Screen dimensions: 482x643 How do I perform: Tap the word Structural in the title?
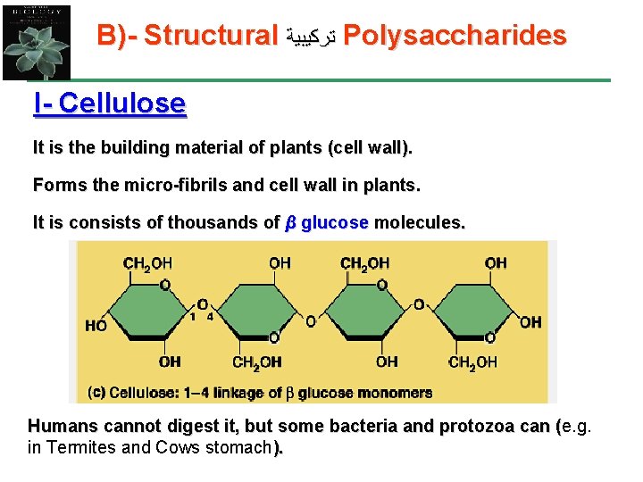click(x=211, y=36)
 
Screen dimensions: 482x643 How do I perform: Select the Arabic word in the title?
click(x=311, y=37)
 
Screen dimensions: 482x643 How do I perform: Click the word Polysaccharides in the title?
click(x=455, y=36)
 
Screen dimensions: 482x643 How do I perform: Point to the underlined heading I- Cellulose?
click(x=109, y=104)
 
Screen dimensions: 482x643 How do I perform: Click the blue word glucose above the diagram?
click(x=335, y=223)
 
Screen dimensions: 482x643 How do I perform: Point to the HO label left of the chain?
click(x=96, y=325)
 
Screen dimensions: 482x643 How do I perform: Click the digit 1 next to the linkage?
click(x=192, y=316)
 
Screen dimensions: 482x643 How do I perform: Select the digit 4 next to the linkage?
click(x=210, y=316)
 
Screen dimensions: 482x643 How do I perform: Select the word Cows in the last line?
click(x=173, y=447)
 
